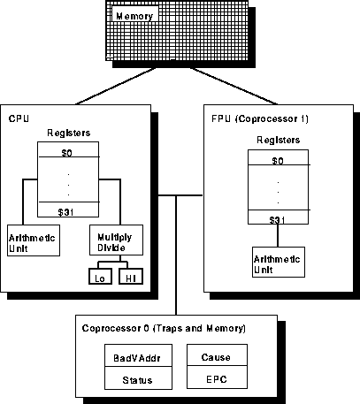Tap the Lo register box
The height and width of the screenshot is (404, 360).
click(99, 278)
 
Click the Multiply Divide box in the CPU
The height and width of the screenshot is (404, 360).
click(115, 239)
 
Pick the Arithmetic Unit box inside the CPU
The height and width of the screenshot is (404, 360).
click(34, 239)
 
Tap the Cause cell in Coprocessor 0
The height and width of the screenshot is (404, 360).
click(217, 357)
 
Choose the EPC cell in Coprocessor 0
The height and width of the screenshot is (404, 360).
click(217, 379)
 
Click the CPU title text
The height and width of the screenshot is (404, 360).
click(19, 118)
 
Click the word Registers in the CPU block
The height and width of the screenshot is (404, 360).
click(68, 133)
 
